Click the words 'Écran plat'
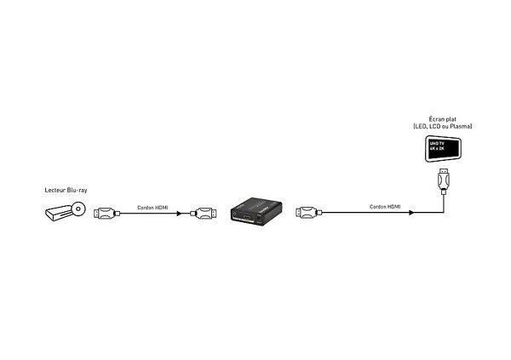click(x=441, y=119)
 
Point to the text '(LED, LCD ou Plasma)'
click(x=441, y=127)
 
